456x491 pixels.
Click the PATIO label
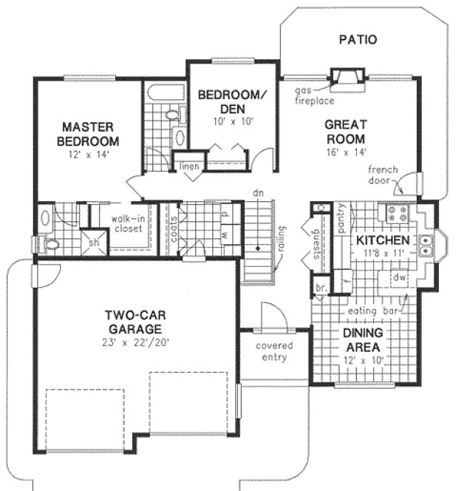358,39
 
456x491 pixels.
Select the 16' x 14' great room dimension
344,153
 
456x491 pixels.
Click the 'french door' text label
383,175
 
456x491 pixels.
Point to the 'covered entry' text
274,352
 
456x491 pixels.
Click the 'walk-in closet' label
127,223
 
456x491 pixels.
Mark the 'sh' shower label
94,242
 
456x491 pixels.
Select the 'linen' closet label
188,167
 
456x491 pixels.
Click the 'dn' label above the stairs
258,192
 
